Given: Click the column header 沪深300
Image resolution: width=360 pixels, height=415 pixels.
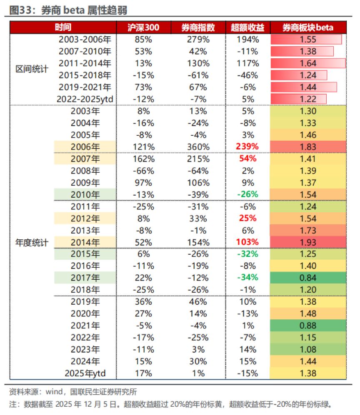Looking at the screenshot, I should [x=143, y=27].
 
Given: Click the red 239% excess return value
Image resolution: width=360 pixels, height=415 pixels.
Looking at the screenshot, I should [x=247, y=147].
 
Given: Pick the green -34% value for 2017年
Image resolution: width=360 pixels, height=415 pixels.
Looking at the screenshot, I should [x=247, y=278].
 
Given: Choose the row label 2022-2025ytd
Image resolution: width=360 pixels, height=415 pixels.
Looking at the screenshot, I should [x=85, y=99].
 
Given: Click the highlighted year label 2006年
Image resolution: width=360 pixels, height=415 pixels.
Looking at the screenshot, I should [x=85, y=147].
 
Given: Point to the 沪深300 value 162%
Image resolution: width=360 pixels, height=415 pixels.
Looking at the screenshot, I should [x=143, y=159].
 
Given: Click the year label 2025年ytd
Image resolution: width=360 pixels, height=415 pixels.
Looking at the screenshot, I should [x=85, y=373].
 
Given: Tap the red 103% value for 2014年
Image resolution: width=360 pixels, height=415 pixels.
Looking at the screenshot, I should [x=247, y=242].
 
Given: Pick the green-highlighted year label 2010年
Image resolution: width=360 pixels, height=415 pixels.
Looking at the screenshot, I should [x=85, y=194].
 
